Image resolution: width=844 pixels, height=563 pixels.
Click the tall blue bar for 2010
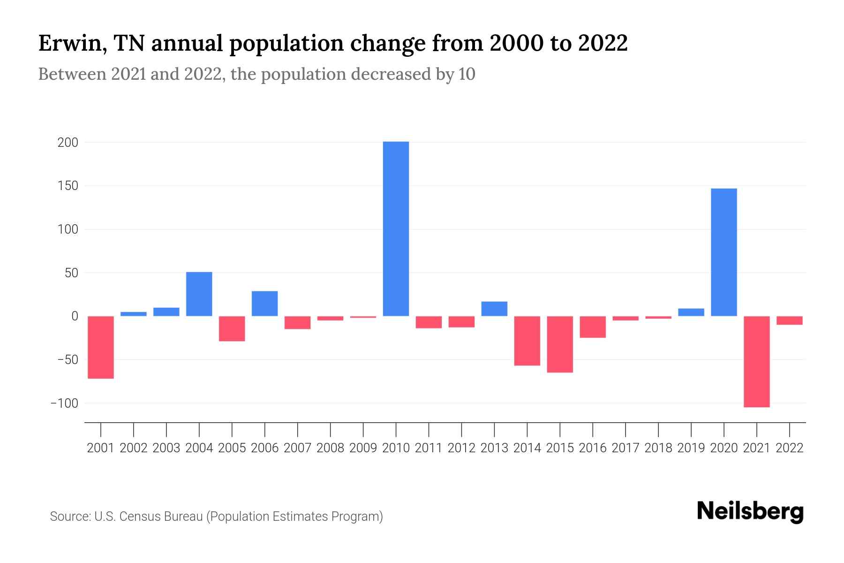click(x=396, y=228)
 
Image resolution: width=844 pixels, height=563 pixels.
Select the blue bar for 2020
click(x=723, y=252)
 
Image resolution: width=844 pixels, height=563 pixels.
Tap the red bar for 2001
click(x=101, y=347)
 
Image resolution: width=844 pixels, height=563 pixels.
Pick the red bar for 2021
click(x=756, y=361)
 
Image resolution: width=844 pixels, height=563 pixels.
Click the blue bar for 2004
click(x=199, y=294)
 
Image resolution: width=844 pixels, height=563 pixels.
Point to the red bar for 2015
click(x=560, y=344)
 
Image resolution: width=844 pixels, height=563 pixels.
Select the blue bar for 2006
click(x=265, y=304)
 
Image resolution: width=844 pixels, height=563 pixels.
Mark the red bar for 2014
click(x=527, y=341)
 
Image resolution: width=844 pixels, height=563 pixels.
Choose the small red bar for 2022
click(x=789, y=320)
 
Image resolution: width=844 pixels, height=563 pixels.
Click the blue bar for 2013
click(x=494, y=309)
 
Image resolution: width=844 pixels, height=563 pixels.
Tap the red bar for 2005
click(x=232, y=328)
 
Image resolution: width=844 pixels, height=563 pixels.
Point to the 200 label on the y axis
click(x=68, y=143)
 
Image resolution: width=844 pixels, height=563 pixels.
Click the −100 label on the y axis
click(x=64, y=403)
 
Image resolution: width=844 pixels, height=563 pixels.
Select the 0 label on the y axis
click(x=74, y=316)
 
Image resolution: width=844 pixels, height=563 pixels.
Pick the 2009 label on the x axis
click(x=363, y=448)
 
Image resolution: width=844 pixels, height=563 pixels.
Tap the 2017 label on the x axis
click(x=625, y=448)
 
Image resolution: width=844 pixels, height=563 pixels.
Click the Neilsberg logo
click(x=750, y=511)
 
